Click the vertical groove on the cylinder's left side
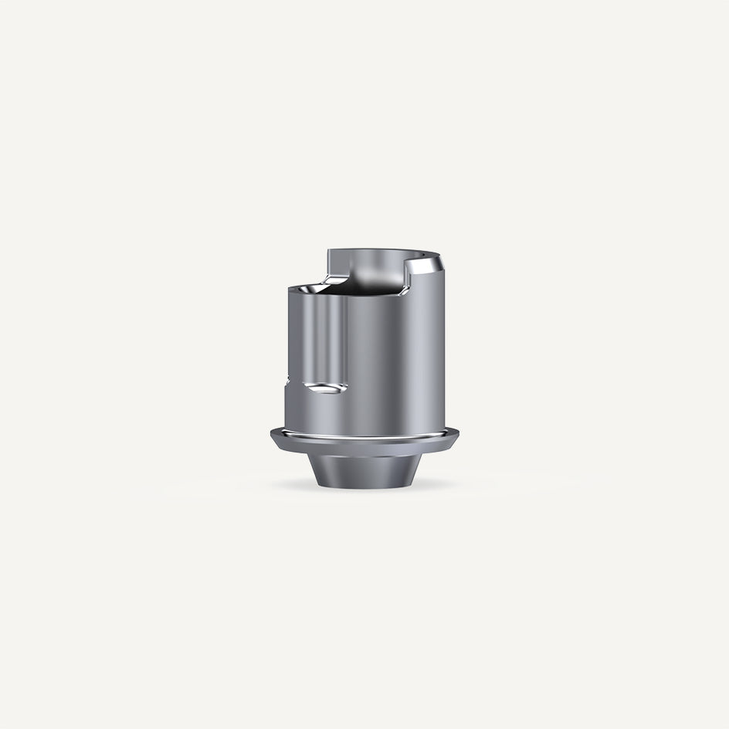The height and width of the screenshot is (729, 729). click(324, 340)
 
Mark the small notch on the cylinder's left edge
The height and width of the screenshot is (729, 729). click(287, 380)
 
